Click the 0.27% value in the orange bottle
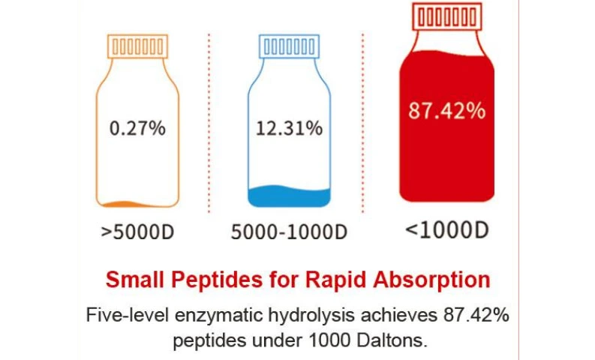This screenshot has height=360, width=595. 137,128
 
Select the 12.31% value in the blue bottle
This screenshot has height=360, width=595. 288,128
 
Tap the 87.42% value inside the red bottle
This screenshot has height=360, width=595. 446,111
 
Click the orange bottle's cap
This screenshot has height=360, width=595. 137,46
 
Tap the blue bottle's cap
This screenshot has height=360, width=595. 288,46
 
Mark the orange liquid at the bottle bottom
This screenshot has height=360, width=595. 137,203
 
